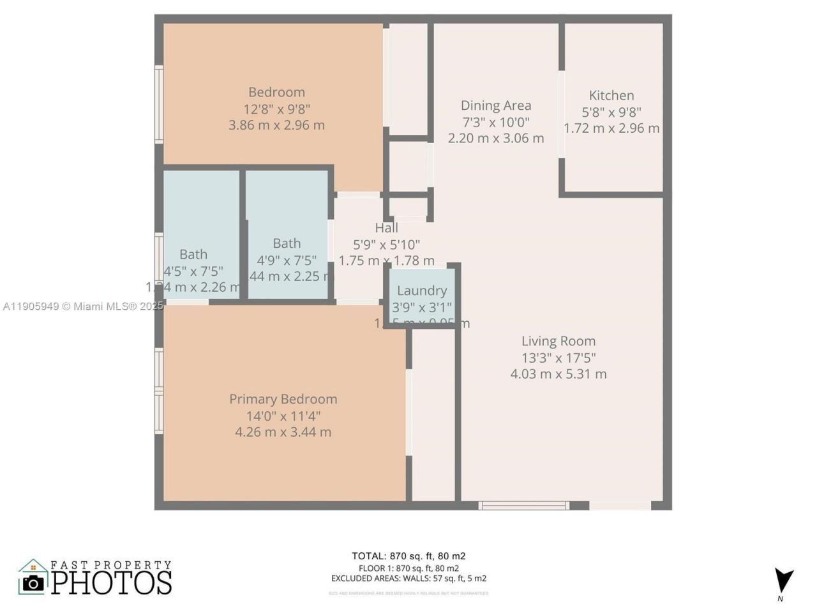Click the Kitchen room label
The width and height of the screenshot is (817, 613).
(x=611, y=96)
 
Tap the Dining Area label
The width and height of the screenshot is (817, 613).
(x=496, y=105)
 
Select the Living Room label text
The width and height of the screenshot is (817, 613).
(x=558, y=341)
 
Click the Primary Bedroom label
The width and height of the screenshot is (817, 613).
(x=283, y=399)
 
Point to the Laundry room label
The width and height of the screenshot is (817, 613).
(x=421, y=291)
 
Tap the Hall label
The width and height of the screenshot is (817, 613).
(x=386, y=228)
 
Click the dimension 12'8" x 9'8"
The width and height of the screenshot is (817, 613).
(x=276, y=109)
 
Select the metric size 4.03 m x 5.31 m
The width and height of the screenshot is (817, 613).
(x=558, y=374)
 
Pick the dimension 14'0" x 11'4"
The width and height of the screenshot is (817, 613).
(x=283, y=416)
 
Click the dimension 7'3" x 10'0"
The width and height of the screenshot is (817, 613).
(x=496, y=122)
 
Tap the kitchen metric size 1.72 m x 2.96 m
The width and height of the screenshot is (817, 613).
(x=611, y=128)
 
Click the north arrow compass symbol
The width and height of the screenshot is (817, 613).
(x=783, y=580)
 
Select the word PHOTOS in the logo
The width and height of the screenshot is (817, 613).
(x=112, y=582)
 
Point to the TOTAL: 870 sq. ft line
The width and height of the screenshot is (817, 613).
(x=408, y=556)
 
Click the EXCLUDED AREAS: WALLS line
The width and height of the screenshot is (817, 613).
(x=408, y=579)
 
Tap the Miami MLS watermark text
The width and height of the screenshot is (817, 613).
(x=83, y=306)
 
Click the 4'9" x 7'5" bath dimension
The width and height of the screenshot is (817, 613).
(x=287, y=260)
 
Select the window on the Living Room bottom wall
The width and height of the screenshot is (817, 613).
(x=523, y=506)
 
